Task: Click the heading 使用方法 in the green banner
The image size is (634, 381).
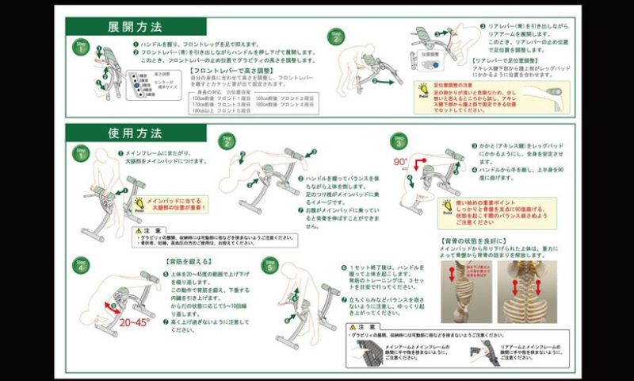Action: (x=136, y=133)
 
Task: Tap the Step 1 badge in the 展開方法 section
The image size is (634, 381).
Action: (x=80, y=47)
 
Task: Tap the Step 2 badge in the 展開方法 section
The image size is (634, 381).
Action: (x=337, y=36)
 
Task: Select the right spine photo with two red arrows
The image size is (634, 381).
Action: (x=524, y=291)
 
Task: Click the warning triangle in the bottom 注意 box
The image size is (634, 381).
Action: (x=352, y=326)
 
